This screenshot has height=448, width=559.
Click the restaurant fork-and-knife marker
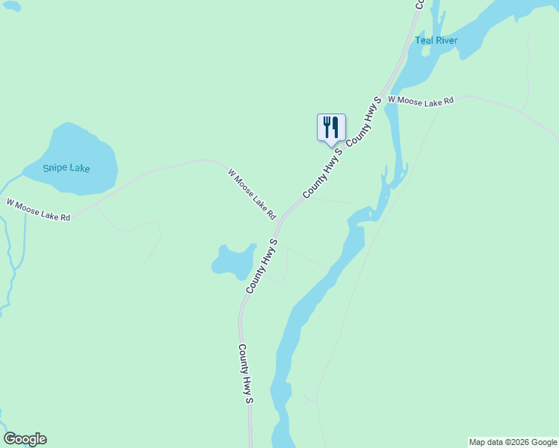331,128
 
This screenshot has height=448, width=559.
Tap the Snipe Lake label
66,168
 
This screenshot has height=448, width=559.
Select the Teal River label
436,40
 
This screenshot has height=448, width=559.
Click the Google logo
25,439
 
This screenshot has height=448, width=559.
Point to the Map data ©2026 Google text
513,442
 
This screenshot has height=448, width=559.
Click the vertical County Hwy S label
246,373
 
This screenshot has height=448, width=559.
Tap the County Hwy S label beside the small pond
262,266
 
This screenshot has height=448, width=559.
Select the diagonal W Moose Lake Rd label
252,194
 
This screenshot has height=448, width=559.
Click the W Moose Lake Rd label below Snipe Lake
38,210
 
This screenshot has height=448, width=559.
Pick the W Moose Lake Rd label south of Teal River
421,100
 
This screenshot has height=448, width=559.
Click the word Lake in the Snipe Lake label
80,168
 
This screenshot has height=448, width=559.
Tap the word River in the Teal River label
446,40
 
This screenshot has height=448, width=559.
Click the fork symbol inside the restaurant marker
327,127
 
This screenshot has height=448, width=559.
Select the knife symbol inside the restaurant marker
336,127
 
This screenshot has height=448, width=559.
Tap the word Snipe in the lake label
55,168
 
